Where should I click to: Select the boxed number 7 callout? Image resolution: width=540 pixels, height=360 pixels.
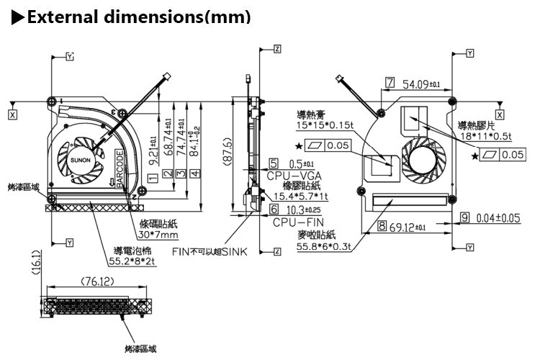tap(390, 83)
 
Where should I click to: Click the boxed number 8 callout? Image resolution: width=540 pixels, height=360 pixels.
tap(382, 228)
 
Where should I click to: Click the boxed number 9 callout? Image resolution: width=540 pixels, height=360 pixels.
tap(464, 217)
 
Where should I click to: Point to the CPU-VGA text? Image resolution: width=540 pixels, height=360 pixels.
tap(295, 175)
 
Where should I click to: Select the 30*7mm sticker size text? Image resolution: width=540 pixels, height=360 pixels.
tap(160, 235)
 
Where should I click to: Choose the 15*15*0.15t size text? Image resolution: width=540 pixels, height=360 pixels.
tap(326, 125)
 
